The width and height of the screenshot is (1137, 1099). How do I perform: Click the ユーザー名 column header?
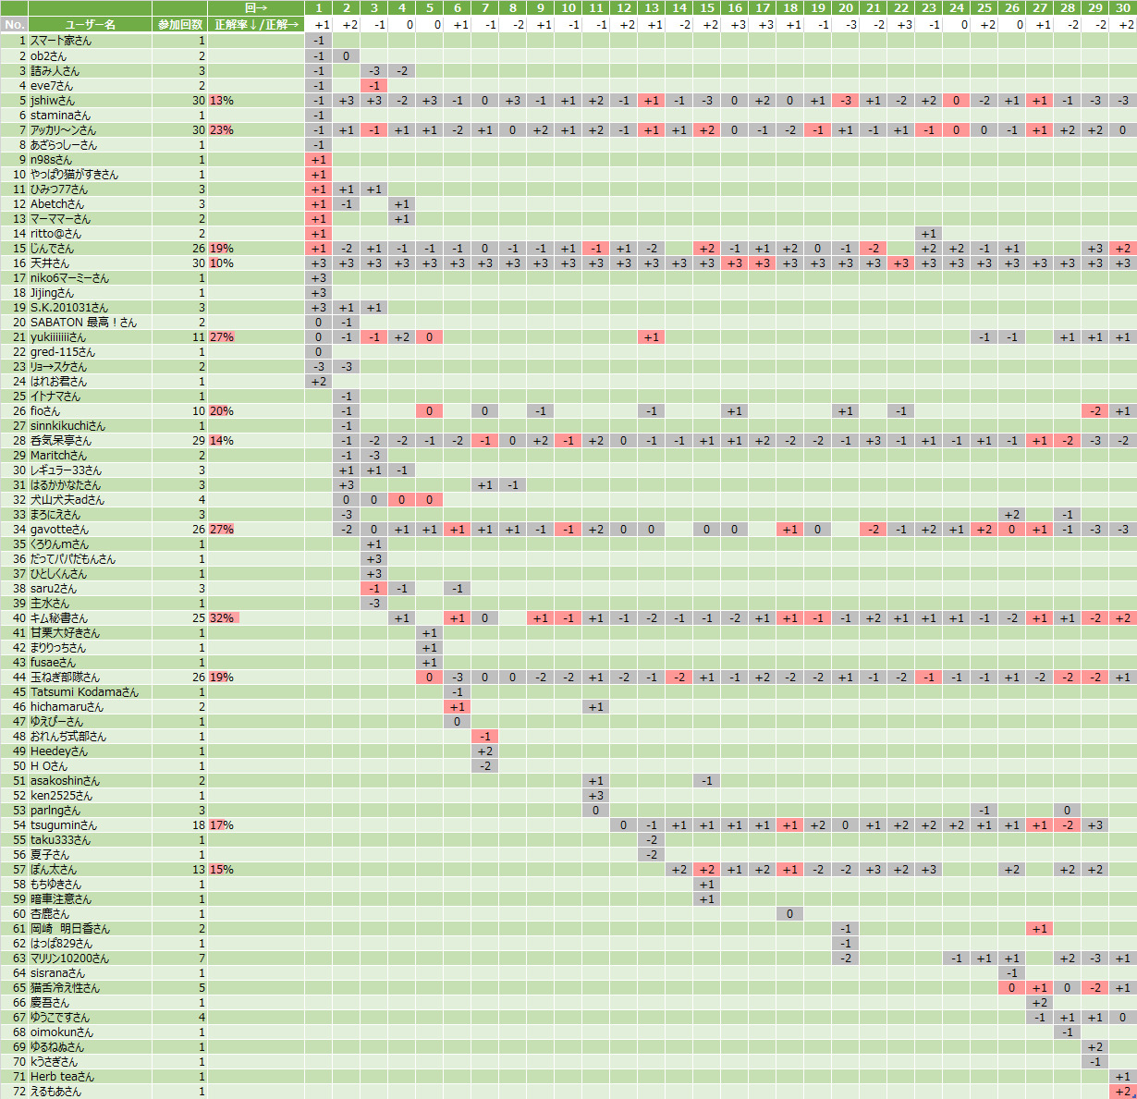(90, 24)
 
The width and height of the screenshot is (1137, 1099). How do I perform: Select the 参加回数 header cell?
(179, 24)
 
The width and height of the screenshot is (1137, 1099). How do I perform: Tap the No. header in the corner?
(14, 24)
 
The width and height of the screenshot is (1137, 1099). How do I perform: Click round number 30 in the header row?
(1122, 8)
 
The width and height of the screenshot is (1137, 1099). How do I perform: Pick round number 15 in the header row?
(706, 8)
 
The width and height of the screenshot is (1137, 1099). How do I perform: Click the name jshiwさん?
(53, 101)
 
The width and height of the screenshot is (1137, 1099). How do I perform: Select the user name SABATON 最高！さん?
(83, 323)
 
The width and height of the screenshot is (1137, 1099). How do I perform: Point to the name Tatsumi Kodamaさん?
(84, 692)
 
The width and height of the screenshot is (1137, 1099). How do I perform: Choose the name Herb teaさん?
(62, 1077)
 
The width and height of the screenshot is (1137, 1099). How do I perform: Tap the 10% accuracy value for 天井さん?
(222, 263)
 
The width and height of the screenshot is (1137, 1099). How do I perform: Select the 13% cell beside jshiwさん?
(222, 101)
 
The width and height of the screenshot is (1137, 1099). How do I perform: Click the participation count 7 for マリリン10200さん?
(202, 959)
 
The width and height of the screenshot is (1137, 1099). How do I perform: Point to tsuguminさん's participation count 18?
(199, 825)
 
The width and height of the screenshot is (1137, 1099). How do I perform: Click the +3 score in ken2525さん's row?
(595, 796)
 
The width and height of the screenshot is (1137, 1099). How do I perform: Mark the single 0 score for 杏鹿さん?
(789, 914)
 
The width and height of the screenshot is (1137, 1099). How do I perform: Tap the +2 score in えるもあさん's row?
(1122, 1092)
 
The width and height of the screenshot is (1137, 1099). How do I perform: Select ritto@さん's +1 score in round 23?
(928, 234)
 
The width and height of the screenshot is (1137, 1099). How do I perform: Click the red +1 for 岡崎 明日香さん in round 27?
(1039, 929)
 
